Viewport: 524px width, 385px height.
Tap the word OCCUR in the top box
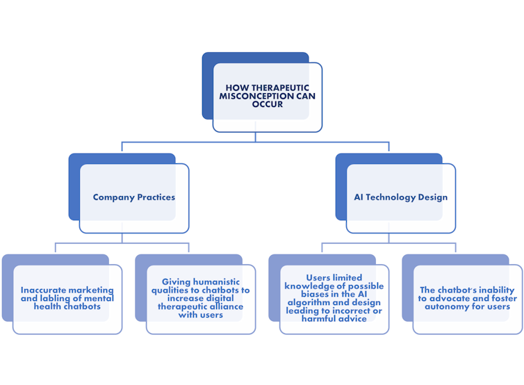click(x=268, y=104)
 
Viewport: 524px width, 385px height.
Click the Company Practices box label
click(x=134, y=197)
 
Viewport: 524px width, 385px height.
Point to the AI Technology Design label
click(x=401, y=197)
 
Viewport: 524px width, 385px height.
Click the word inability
click(x=494, y=290)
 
